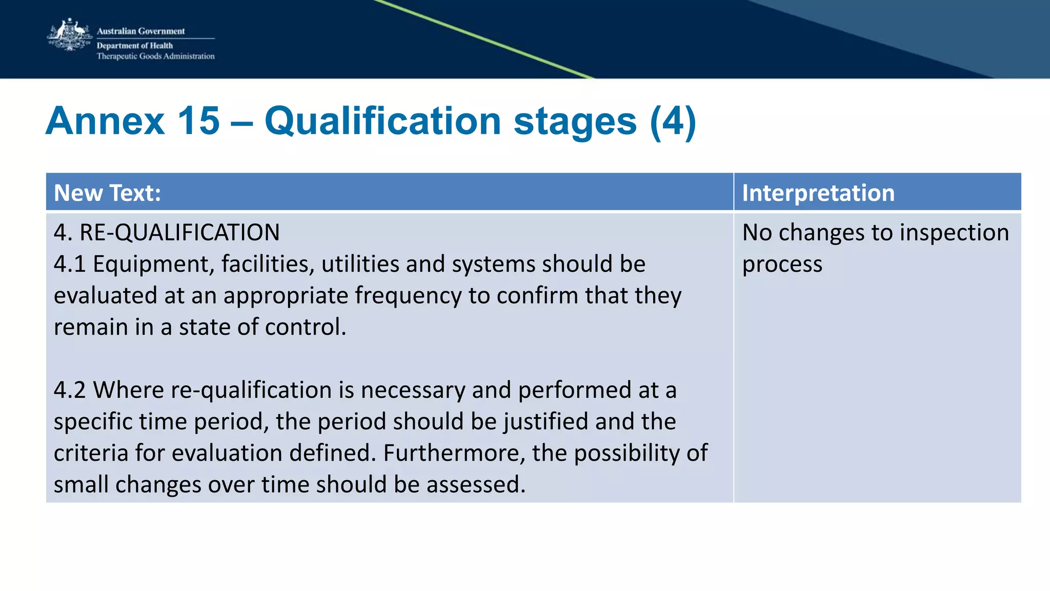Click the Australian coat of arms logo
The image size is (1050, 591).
click(69, 35)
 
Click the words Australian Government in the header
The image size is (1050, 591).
click(140, 31)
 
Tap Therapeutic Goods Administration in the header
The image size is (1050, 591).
click(155, 56)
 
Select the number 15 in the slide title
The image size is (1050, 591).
click(198, 121)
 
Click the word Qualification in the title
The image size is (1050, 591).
click(382, 121)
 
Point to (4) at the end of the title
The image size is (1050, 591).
click(673, 121)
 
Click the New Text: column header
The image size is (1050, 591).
click(107, 193)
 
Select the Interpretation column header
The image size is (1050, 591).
click(818, 193)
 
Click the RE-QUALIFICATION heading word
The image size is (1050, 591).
click(179, 232)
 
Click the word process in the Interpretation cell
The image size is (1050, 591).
click(782, 264)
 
